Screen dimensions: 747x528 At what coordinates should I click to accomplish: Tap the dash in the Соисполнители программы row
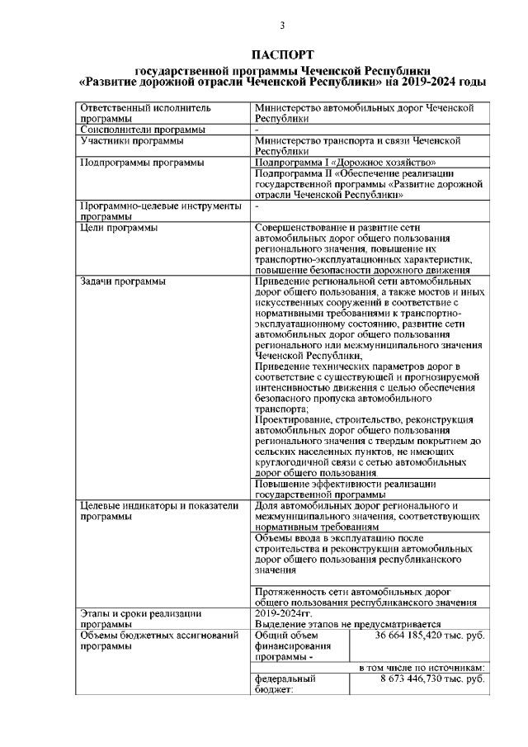(257, 130)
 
